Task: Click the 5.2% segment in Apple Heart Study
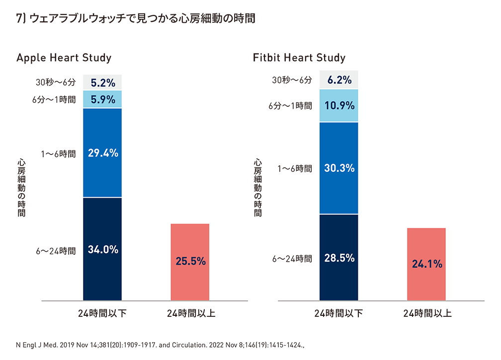[102, 82]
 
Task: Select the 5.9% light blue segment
[102, 99]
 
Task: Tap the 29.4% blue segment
[102, 153]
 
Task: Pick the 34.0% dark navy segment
[102, 249]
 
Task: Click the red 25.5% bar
[190, 262]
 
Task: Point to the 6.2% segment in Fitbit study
[339, 80]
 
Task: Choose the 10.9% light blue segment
[339, 105]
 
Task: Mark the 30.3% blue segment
[339, 168]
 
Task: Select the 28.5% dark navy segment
[339, 258]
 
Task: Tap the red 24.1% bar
[426, 264]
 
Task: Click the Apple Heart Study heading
[64, 58]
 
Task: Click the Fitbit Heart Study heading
[299, 58]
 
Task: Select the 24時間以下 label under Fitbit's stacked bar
[338, 313]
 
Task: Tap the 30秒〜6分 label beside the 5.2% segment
[56, 82]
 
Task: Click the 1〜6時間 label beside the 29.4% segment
[59, 154]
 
